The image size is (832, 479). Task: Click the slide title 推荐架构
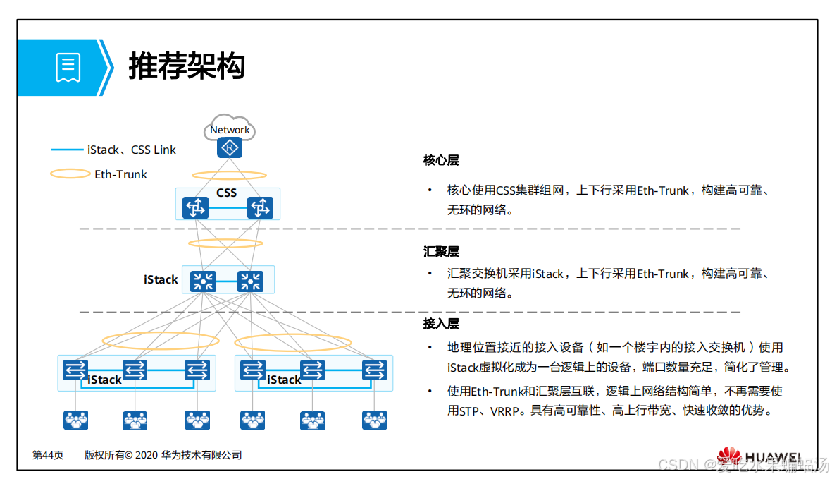pos(187,68)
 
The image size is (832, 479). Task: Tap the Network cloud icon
pos(230,129)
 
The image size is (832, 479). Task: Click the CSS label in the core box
pos(226,193)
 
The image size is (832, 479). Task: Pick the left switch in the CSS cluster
pos(195,207)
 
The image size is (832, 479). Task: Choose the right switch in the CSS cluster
pos(260,207)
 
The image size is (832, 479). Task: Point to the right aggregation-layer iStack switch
pos(249,281)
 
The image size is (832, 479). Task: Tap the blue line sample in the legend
pos(67,150)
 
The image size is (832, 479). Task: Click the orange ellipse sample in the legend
pos(70,174)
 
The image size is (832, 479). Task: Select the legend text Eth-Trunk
pos(120,174)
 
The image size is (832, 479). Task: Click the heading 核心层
pos(441,160)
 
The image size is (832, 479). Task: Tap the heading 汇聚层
pos(441,251)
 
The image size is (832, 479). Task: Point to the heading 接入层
pos(441,323)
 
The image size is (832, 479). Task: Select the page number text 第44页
pos(48,456)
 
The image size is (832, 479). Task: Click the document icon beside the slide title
pos(68,68)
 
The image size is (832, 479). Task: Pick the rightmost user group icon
pos(374,420)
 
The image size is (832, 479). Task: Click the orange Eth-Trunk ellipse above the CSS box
pos(230,175)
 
